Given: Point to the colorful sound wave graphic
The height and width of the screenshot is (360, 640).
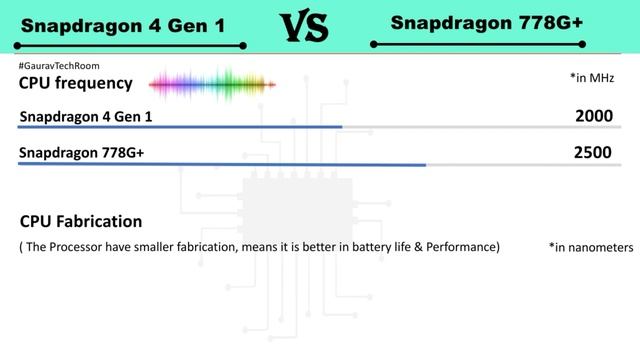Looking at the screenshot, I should pyautogui.click(x=213, y=82).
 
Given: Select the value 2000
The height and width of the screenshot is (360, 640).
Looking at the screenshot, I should pyautogui.click(x=593, y=117).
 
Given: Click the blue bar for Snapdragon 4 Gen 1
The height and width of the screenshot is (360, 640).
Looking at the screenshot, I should pyautogui.click(x=180, y=127).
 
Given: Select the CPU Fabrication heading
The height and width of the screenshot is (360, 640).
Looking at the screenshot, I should pyautogui.click(x=81, y=221).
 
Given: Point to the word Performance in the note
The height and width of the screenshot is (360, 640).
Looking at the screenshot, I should pyautogui.click(x=463, y=246).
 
